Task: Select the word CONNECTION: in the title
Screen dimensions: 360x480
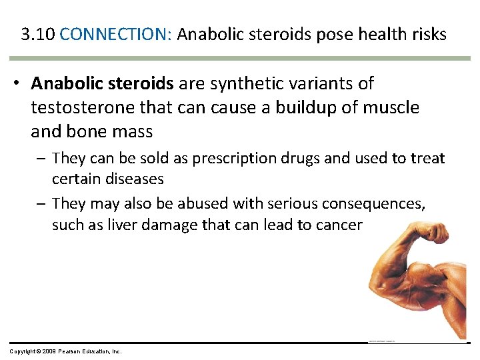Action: (x=116, y=35)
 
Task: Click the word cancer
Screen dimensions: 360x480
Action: (x=337, y=225)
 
